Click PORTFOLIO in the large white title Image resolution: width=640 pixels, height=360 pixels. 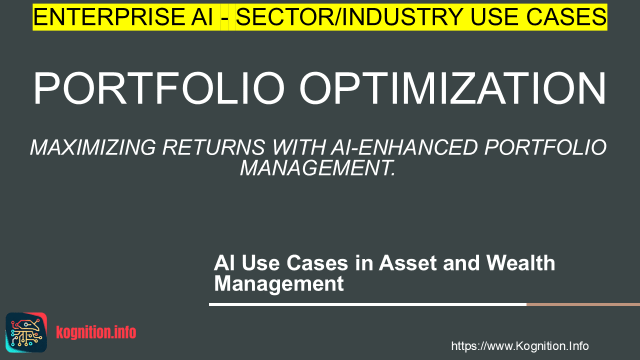[x=159, y=88]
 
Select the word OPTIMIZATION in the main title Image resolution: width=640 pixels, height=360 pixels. [x=452, y=88]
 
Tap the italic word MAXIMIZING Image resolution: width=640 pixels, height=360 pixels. [x=93, y=147]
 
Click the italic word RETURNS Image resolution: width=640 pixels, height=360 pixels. [x=213, y=147]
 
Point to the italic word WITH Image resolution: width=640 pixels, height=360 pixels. [x=299, y=147]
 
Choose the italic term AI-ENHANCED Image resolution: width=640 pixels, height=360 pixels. [x=404, y=147]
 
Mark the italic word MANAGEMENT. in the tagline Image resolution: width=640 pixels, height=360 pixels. [x=317, y=168]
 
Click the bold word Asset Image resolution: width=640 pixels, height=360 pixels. [x=407, y=263]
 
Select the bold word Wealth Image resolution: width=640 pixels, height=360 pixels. [x=520, y=263]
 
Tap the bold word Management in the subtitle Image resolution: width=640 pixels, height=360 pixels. [x=279, y=284]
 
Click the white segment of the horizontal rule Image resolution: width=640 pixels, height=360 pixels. [x=367, y=304]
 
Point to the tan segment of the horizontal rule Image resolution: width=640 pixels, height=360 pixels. [x=583, y=304]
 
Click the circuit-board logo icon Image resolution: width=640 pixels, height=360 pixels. [x=26, y=332]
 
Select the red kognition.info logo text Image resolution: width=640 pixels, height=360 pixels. [x=96, y=332]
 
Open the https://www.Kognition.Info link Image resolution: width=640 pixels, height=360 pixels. [x=520, y=346]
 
